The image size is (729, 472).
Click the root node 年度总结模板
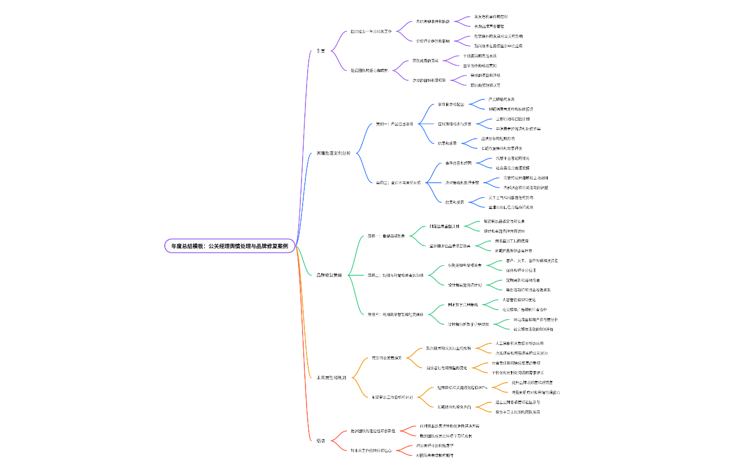(x=229, y=246)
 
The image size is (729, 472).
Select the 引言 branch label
(x=321, y=51)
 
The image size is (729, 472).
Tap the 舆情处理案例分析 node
(x=333, y=153)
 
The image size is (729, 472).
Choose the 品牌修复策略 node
(x=329, y=275)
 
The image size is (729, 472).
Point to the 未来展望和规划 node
(x=331, y=378)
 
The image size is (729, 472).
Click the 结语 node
(x=321, y=441)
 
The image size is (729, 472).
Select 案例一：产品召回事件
(x=394, y=124)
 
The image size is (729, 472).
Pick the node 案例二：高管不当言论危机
(x=398, y=182)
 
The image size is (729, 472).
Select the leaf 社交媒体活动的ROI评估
(x=533, y=329)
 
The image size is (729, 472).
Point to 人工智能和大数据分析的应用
(x=519, y=343)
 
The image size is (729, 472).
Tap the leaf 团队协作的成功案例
(x=479, y=66)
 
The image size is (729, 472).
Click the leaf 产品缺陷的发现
(x=501, y=99)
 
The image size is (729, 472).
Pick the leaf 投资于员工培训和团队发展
(x=517, y=412)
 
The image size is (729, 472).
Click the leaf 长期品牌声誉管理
(x=489, y=26)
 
